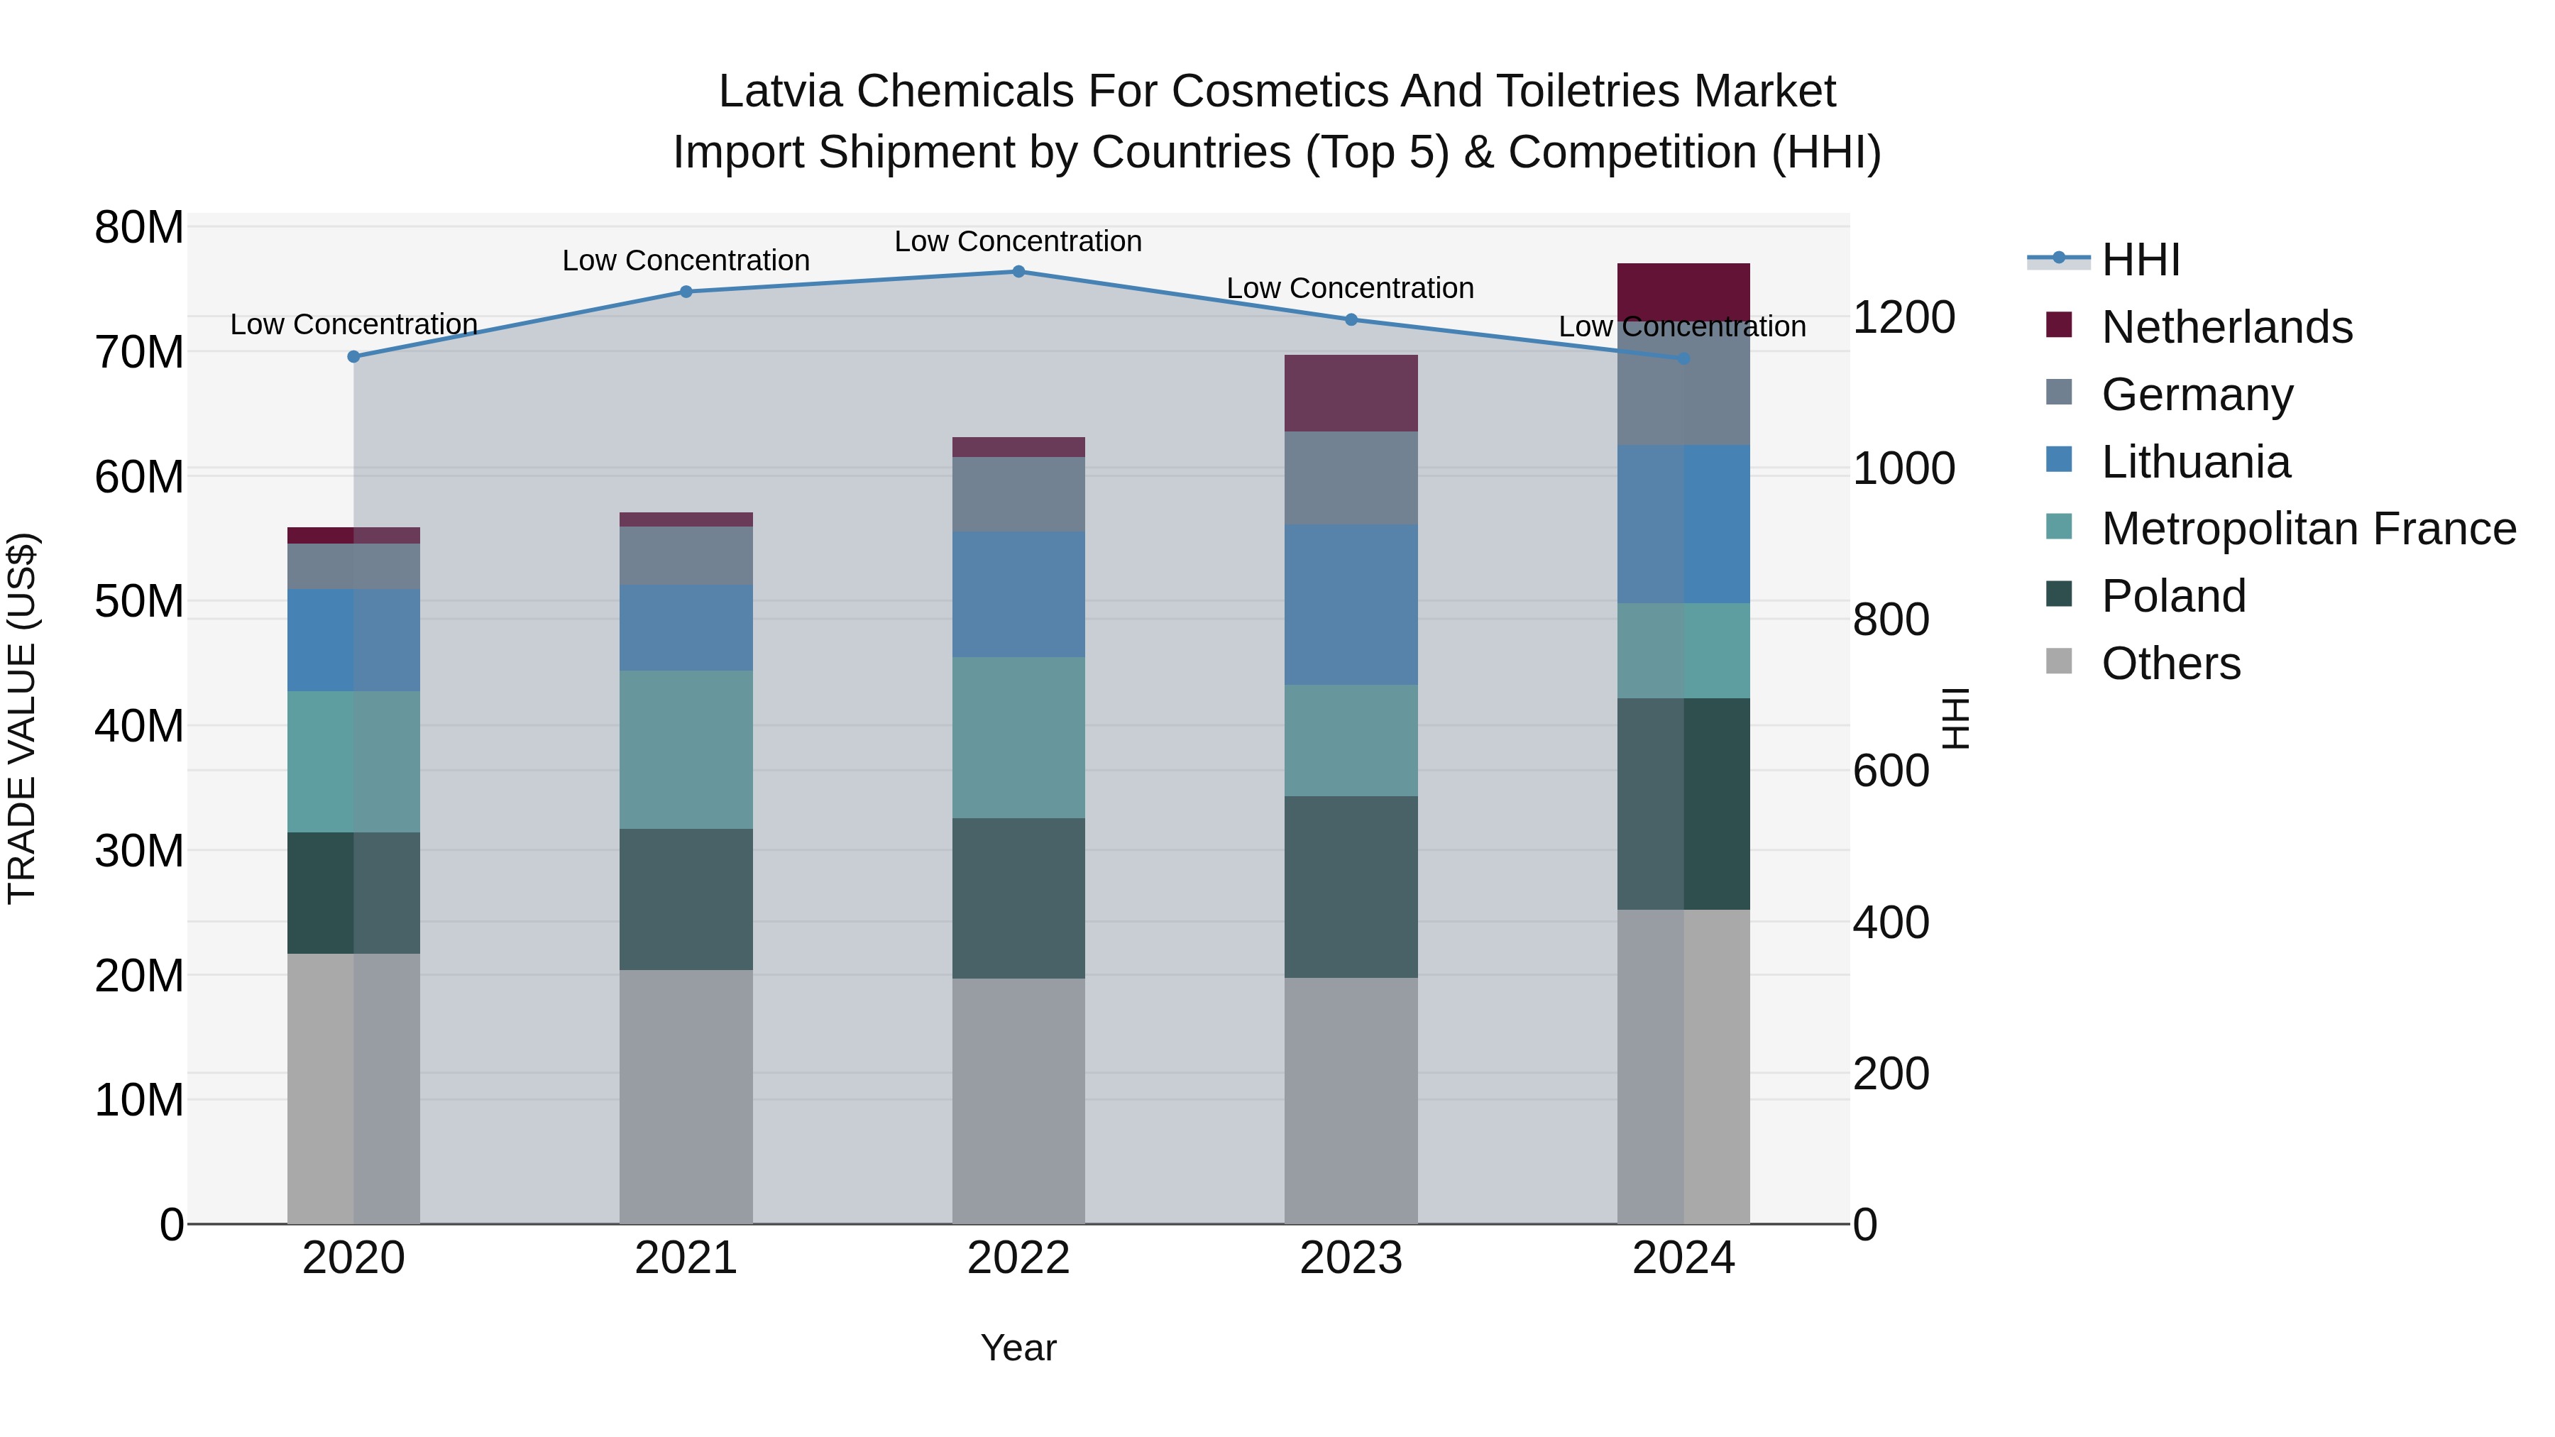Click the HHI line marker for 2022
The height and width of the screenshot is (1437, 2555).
(x=1018, y=271)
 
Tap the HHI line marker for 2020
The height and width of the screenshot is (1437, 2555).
(x=353, y=356)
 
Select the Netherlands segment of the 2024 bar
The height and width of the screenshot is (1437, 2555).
(x=1683, y=292)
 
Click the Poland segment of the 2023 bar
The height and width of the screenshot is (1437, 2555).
(x=1350, y=886)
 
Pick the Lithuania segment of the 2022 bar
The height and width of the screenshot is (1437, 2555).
(x=1018, y=594)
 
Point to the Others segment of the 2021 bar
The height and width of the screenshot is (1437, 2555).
(x=686, y=1096)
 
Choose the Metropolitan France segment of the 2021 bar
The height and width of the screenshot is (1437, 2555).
(x=686, y=750)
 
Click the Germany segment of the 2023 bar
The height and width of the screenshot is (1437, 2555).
(x=1350, y=478)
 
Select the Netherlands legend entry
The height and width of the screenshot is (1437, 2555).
(x=2226, y=327)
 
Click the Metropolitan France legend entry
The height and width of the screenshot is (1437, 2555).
(x=2308, y=529)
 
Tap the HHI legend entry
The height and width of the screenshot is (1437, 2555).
(x=2139, y=260)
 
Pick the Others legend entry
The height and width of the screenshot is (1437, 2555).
(x=2170, y=664)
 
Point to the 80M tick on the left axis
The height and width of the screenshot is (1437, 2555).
(x=139, y=227)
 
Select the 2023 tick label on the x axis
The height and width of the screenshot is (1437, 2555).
(x=1350, y=1258)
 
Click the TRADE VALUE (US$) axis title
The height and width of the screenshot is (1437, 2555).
(x=22, y=718)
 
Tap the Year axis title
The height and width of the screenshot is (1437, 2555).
(x=1018, y=1348)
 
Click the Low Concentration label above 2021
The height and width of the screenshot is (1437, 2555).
(x=686, y=261)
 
